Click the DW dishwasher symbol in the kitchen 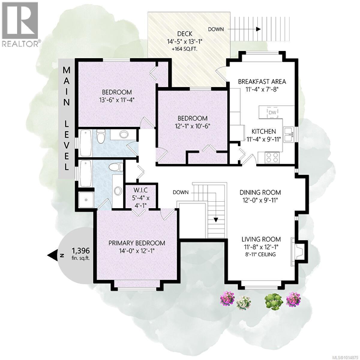point(272,112)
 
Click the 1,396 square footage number point(81,250)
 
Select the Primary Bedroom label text point(137,243)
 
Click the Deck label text point(184,34)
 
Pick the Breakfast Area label point(262,81)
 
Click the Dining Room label point(260,192)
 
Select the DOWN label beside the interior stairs point(181,192)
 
